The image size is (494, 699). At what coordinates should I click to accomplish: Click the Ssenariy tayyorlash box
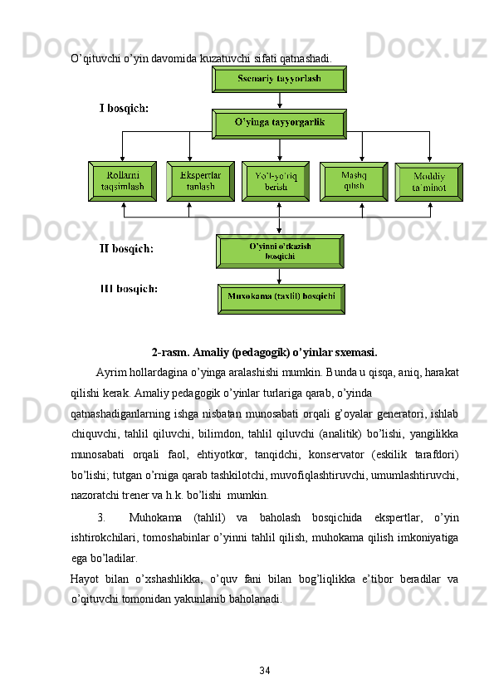click(x=279, y=80)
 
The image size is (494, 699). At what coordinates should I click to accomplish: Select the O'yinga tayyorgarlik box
click(x=279, y=125)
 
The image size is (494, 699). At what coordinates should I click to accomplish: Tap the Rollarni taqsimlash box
click(x=122, y=181)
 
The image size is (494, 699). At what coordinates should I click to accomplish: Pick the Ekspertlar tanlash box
click(x=200, y=181)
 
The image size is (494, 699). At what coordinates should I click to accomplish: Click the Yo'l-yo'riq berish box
click(x=276, y=181)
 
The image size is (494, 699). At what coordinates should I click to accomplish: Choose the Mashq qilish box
click(x=354, y=181)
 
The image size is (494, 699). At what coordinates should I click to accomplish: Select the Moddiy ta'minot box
click(x=428, y=182)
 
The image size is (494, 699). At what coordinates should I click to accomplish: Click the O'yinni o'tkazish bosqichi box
click(x=279, y=251)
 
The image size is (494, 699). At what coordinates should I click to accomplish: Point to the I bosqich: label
click(x=125, y=108)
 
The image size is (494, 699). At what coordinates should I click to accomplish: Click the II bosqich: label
click(x=127, y=247)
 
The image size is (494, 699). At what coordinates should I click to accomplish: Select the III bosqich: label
click(x=130, y=289)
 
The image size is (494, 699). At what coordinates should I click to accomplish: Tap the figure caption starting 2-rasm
click(x=264, y=351)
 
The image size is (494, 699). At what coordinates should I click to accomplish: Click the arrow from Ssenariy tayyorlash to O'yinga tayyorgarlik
click(x=280, y=100)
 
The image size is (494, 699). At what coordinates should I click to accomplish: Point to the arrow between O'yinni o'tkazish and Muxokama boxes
click(x=280, y=276)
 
